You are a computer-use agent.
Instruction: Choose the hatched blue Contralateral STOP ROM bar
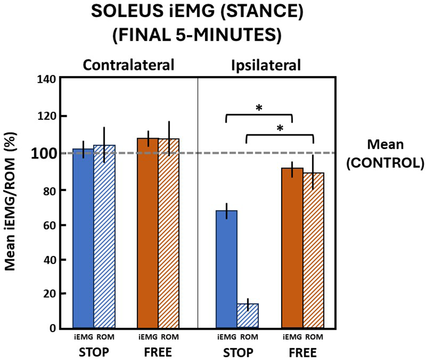pos(104,236)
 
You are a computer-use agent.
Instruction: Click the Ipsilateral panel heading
pos(266,65)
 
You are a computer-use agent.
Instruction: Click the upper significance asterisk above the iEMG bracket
pos(259,108)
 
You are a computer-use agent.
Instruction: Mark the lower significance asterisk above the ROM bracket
pos(280,128)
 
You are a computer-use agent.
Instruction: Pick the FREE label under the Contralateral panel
pos(159,352)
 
